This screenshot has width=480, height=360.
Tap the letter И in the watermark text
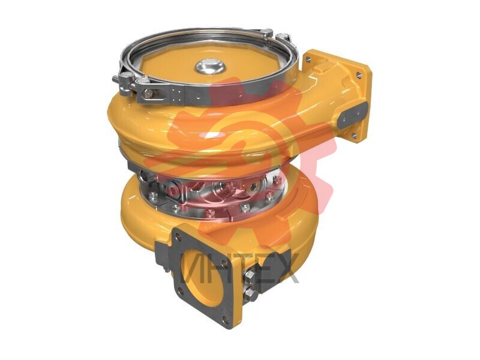pyautogui.click(x=194, y=268)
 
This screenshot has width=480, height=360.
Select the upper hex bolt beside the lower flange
pyautogui.click(x=250, y=276)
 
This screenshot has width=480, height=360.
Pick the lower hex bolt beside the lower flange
pyautogui.click(x=250, y=295)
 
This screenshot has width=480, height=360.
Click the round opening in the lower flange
pyautogui.click(x=203, y=278)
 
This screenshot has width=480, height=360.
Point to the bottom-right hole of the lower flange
pyautogui.click(x=225, y=320)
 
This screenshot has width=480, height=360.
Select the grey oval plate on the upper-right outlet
pyautogui.click(x=352, y=115)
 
